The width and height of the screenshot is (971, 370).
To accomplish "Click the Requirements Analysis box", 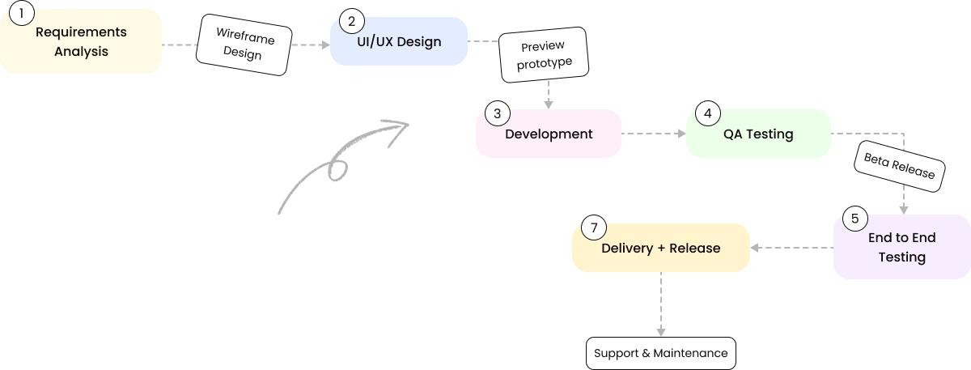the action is click(81, 41).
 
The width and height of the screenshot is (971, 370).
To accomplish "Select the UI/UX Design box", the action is click(399, 41).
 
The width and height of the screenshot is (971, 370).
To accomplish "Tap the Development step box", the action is click(549, 134).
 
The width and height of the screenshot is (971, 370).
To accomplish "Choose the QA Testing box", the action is click(758, 134).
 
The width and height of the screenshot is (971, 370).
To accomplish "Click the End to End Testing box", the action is click(901, 247).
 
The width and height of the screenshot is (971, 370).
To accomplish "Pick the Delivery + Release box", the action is click(660, 248).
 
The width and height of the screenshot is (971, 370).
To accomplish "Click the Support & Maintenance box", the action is click(660, 353).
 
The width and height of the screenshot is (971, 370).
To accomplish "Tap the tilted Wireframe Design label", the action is click(244, 45).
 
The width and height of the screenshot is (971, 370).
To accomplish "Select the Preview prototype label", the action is click(544, 55).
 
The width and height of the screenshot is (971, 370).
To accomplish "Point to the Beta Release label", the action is click(900, 166).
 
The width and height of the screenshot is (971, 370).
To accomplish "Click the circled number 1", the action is click(22, 13).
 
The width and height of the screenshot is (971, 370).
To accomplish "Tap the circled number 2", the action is click(351, 21).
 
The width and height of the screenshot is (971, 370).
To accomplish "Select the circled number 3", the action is click(497, 113).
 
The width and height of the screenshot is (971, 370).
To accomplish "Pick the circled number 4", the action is click(708, 113).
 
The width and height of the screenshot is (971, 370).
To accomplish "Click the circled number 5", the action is click(854, 218).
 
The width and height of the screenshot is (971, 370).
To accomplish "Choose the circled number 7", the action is click(594, 228).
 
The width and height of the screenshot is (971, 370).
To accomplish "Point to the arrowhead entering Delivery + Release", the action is click(755, 248).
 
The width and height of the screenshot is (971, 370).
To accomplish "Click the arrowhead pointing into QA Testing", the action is click(681, 134).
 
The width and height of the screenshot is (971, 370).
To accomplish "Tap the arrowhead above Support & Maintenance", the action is click(660, 332).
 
